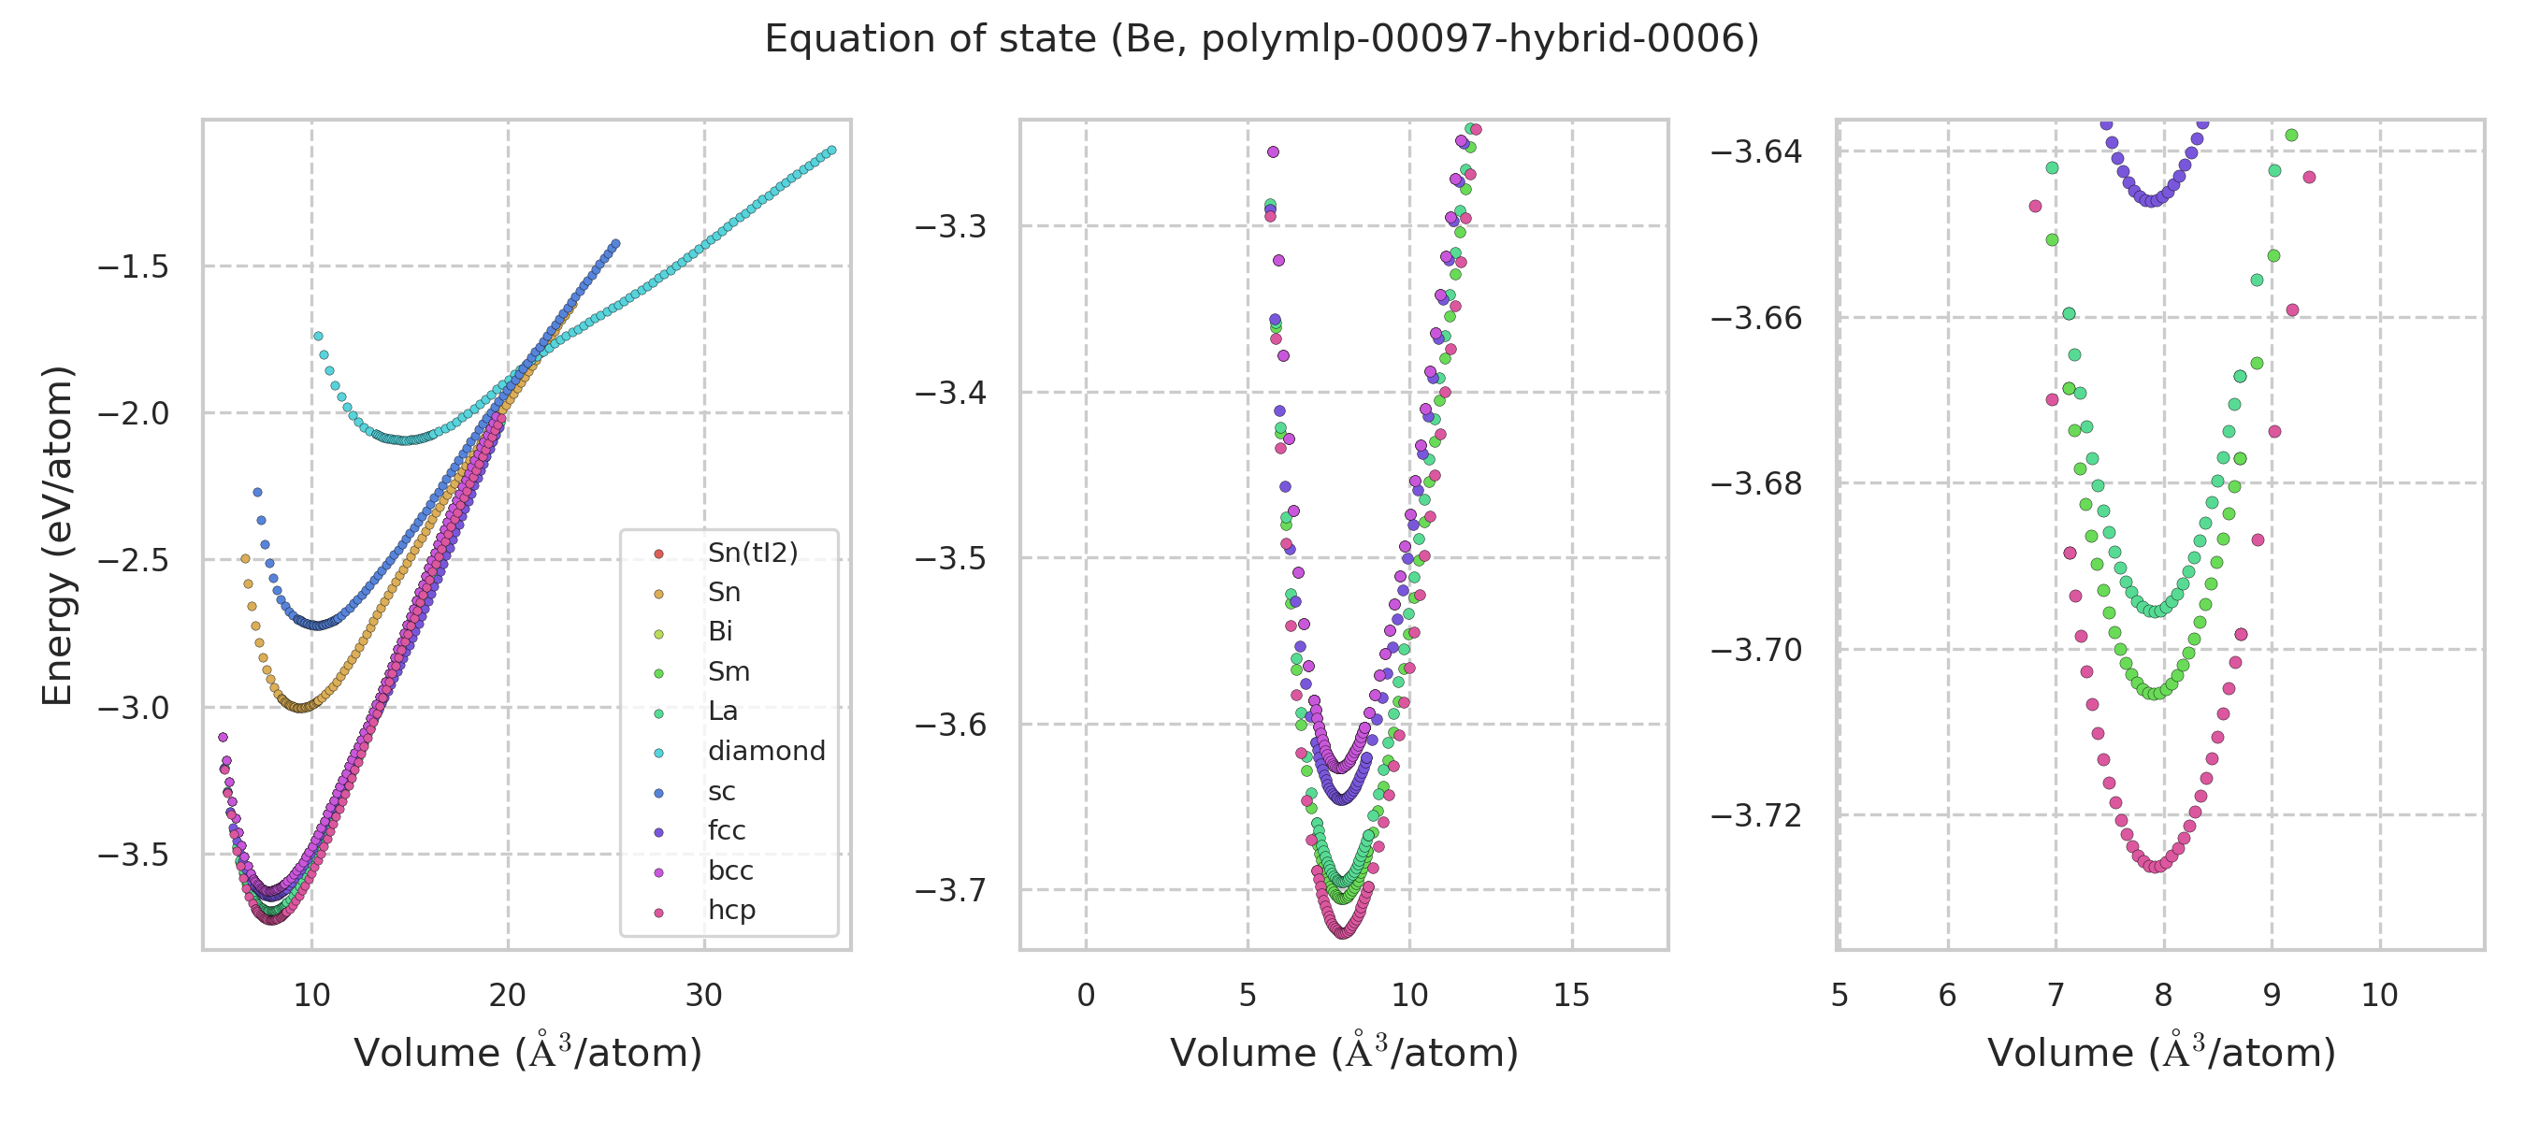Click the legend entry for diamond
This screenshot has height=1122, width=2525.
click(x=766, y=751)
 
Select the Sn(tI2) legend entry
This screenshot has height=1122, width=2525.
click(x=752, y=553)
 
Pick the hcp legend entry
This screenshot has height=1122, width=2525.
click(x=731, y=911)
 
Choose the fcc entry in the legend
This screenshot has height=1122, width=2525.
click(x=727, y=831)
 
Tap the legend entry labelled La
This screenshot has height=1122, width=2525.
click(x=722, y=712)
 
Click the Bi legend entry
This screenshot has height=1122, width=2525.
click(x=719, y=632)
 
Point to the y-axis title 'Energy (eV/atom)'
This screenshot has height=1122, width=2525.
click(x=57, y=535)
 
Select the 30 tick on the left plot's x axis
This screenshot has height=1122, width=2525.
click(x=704, y=996)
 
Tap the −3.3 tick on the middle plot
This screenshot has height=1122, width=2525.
click(x=950, y=227)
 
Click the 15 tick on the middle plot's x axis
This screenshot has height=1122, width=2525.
click(x=1571, y=996)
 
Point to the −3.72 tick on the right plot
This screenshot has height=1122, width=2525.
click(x=1755, y=816)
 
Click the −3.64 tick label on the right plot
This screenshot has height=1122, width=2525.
click(x=1755, y=151)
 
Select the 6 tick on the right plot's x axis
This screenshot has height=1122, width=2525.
click(x=1947, y=996)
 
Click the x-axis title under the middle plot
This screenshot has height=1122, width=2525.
click(x=1343, y=1054)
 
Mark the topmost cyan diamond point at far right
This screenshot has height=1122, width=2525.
click(x=831, y=151)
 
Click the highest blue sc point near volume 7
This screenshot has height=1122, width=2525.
click(x=258, y=493)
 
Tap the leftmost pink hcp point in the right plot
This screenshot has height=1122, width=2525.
click(x=2035, y=207)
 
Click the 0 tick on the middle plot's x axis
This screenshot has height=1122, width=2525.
click(x=1085, y=996)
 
